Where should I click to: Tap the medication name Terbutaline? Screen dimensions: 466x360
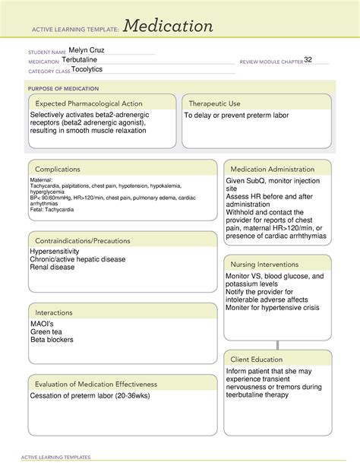tap(81, 60)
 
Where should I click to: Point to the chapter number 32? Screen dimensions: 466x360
tap(308, 60)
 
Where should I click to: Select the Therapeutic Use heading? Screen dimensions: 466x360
tap(214, 103)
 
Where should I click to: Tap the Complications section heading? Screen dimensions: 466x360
tap(58, 169)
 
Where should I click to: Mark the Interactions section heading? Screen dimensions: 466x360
tap(55, 312)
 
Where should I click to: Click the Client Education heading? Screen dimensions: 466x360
tap(257, 359)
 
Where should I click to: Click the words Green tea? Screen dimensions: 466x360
tap(48, 331)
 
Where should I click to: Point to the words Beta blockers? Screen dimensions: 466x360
tap(52, 340)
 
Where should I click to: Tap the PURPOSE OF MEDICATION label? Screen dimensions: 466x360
tap(59, 87)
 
